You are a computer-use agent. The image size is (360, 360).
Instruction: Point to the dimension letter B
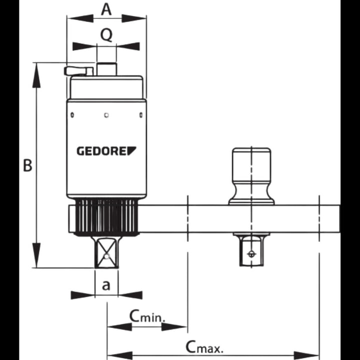[x=28, y=165]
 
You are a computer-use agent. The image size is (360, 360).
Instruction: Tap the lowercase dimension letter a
[x=106, y=285]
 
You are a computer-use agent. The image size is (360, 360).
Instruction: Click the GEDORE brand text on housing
[x=106, y=150]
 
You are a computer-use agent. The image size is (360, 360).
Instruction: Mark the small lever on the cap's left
[x=78, y=71]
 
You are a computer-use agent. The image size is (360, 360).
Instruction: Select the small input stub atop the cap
[x=106, y=69]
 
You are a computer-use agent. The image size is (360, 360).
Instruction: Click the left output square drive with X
[x=106, y=253]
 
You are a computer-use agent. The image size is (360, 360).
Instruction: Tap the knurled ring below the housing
[x=106, y=216]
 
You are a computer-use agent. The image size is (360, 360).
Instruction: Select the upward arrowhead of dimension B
[x=36, y=75]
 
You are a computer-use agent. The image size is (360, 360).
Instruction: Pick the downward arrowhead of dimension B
[x=36, y=255]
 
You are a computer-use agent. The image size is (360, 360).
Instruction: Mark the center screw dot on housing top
[x=106, y=115]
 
